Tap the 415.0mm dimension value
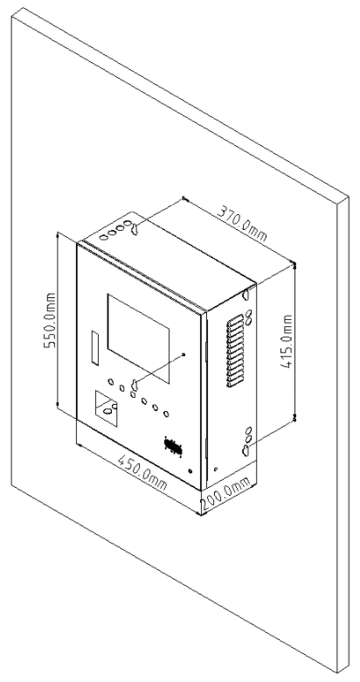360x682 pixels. [287, 341]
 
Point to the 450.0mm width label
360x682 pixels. [142, 472]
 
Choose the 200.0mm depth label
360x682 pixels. [226, 494]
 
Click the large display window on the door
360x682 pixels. [138, 338]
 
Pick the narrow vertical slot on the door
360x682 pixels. [94, 347]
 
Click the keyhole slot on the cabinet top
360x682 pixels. [135, 228]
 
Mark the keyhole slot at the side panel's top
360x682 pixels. [246, 295]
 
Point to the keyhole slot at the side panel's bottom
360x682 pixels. [246, 450]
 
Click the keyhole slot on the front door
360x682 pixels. [135, 385]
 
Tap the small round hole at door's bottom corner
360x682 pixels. [190, 470]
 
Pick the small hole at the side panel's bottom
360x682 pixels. [216, 470]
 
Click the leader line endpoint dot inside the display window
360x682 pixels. [183, 354]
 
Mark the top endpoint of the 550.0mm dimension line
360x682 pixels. [58, 233]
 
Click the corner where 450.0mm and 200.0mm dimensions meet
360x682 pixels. [201, 513]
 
